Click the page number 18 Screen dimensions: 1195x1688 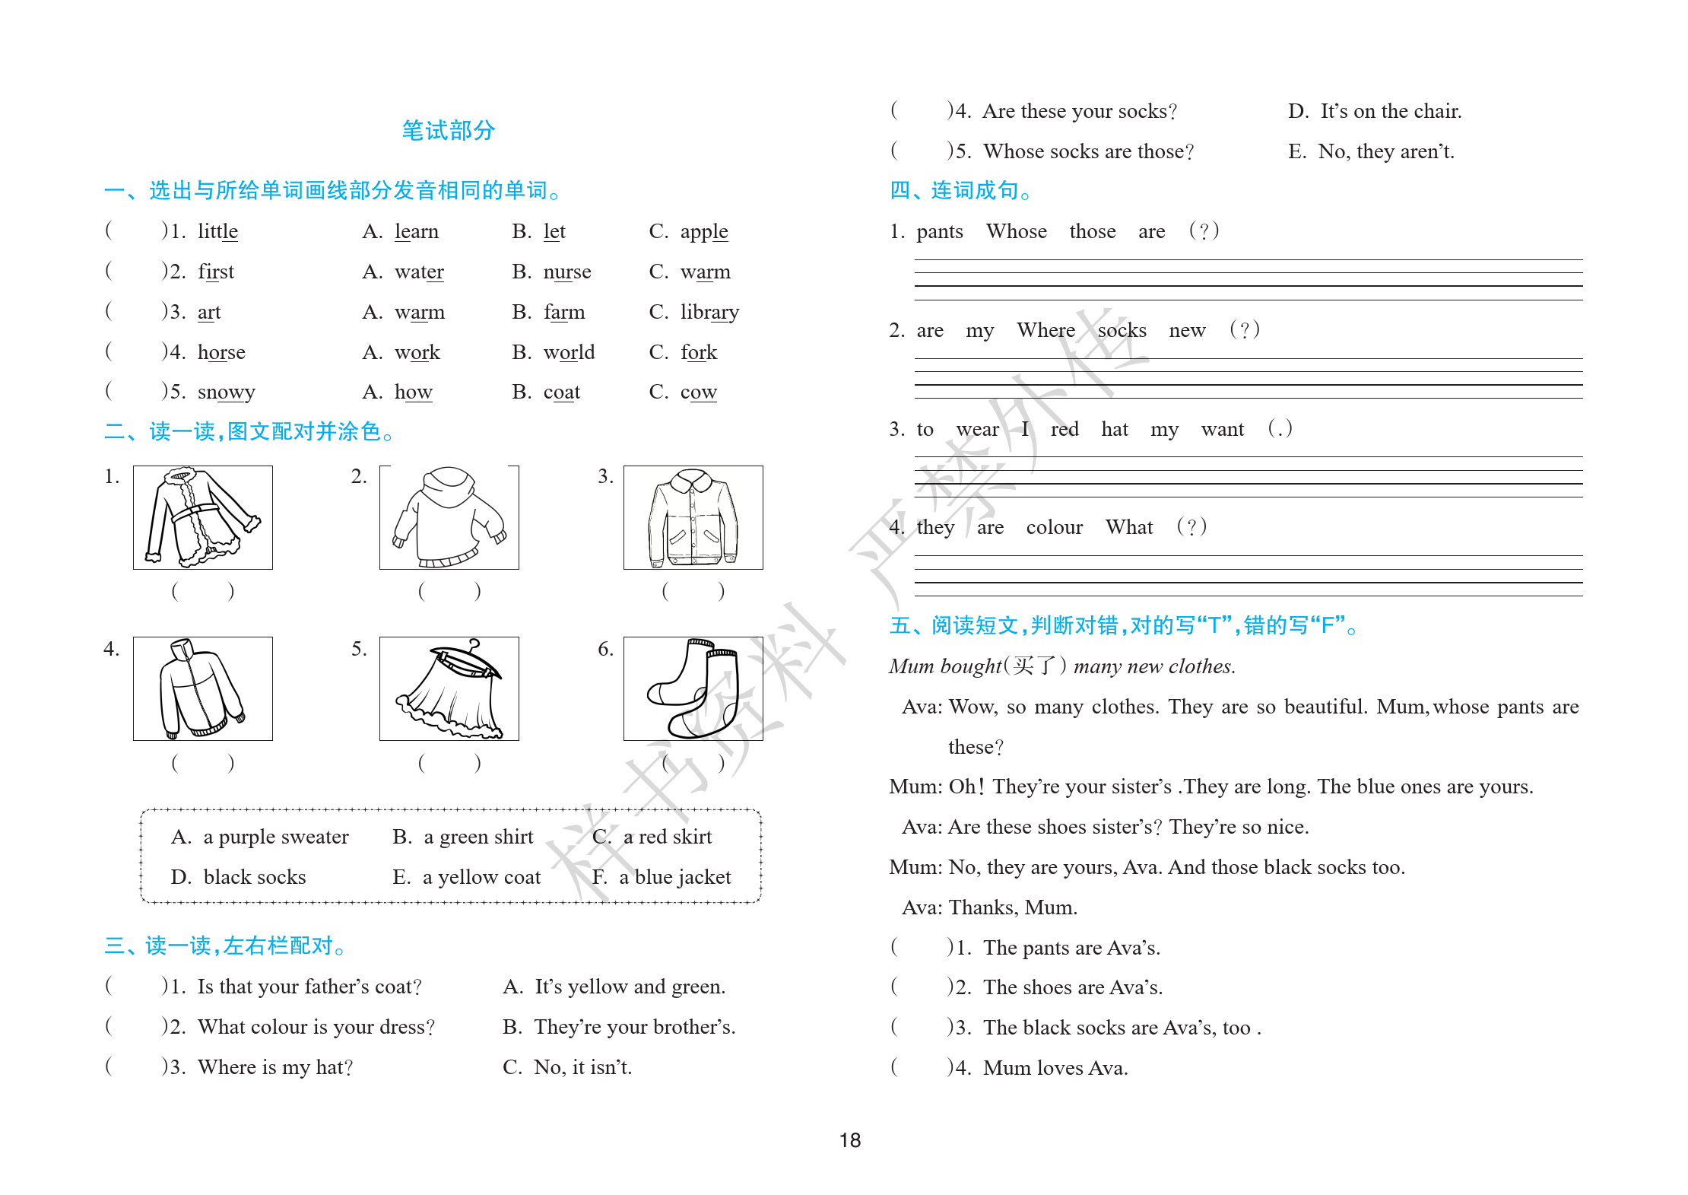click(849, 1139)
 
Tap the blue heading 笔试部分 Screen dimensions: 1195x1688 click(448, 131)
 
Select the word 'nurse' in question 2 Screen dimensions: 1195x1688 click(566, 272)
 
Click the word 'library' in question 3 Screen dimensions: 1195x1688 click(709, 312)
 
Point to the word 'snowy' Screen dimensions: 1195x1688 click(226, 392)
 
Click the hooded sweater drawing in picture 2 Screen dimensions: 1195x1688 click(449, 517)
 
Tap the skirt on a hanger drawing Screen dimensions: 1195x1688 click(449, 689)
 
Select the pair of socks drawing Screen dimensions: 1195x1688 click(693, 689)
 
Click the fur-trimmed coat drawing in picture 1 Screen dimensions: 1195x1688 click(202, 517)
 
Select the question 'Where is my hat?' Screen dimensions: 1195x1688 click(274, 1067)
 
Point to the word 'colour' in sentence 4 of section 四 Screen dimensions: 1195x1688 click(1054, 527)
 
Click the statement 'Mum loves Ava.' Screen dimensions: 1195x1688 click(1055, 1068)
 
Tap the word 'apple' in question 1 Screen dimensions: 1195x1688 click(703, 231)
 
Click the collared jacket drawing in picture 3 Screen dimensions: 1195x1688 click(693, 517)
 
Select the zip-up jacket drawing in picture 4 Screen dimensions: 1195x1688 click(202, 689)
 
